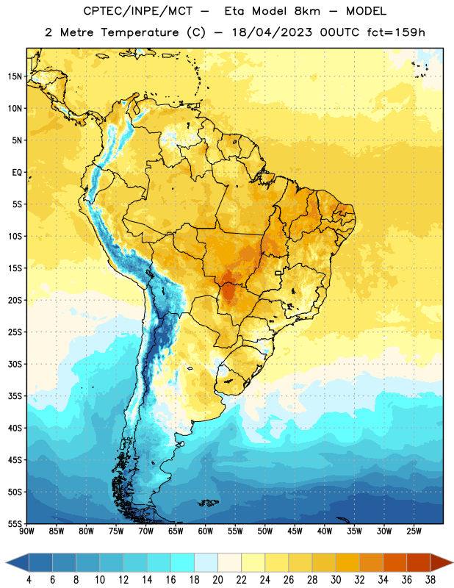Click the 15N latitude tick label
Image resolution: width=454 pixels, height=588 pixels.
(15, 76)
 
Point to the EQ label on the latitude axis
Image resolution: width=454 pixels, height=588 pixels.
(17, 173)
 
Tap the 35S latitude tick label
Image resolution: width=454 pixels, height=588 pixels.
(15, 396)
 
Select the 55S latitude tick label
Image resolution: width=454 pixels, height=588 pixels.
(15, 523)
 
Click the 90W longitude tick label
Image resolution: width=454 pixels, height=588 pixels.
(27, 531)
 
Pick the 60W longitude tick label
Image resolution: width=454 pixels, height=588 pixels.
(206, 531)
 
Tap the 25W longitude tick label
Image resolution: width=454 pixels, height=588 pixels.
(414, 531)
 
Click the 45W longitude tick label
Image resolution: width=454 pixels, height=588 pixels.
(295, 531)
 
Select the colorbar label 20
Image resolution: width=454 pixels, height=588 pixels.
(217, 580)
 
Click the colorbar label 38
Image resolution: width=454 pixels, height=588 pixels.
(430, 580)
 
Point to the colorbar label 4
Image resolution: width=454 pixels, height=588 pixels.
(29, 580)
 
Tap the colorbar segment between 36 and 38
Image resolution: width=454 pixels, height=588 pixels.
(419, 562)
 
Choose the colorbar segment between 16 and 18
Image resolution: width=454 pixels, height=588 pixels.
(182, 562)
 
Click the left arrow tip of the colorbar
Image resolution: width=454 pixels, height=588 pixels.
(6, 562)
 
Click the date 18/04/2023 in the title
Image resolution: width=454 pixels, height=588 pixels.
(272, 32)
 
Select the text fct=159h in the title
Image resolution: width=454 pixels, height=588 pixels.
(396, 32)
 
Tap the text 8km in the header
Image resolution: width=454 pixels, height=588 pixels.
(307, 11)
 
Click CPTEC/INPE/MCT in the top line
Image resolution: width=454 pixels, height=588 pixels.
(138, 11)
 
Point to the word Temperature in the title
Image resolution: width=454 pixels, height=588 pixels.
(140, 32)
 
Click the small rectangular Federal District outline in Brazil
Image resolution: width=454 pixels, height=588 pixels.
(278, 273)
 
